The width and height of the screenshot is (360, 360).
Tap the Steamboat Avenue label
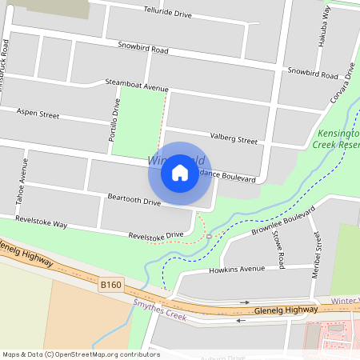pyautogui.click(x=137, y=85)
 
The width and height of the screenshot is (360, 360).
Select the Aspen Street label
pyautogui.click(x=38, y=114)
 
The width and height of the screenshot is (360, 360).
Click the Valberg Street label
pyautogui.click(x=233, y=139)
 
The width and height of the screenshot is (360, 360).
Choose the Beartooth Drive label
pyautogui.click(x=134, y=200)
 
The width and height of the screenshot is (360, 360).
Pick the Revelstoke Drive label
pyautogui.click(x=156, y=235)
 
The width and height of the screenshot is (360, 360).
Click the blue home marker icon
pyautogui.click(x=180, y=173)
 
